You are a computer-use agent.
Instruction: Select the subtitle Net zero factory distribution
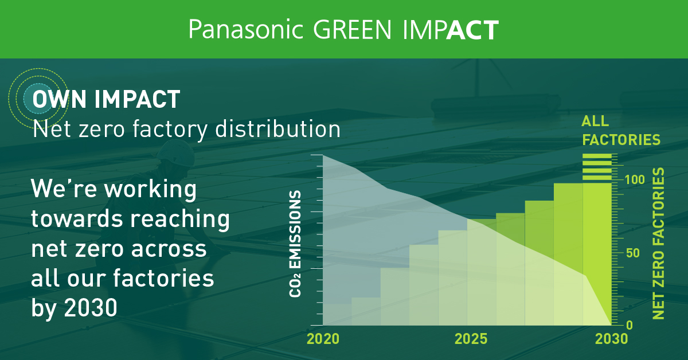(186, 128)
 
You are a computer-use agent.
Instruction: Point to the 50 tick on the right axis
(631, 253)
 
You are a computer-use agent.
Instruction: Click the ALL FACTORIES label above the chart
(620, 130)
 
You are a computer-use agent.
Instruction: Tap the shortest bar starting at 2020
(337, 315)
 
